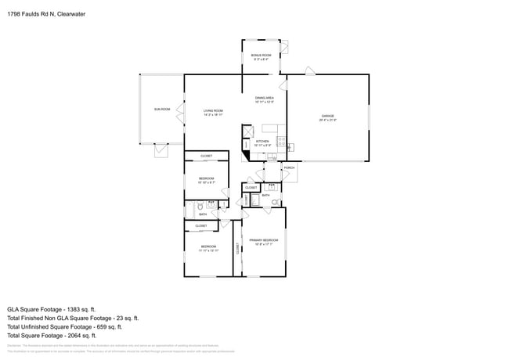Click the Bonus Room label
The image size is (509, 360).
coord(261,57)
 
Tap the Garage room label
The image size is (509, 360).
coord(327,118)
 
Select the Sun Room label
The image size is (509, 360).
coord(162,109)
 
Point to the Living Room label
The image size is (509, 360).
coord(214,113)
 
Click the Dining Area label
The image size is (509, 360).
coord(264,99)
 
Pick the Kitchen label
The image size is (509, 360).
coord(262,143)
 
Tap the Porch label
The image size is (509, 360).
coord(289,167)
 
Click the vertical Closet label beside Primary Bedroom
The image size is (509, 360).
coord(237,249)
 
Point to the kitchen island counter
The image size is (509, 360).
coord(271,128)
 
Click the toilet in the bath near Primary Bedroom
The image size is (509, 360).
coord(275,202)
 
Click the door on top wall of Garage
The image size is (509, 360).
coord(310,72)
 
